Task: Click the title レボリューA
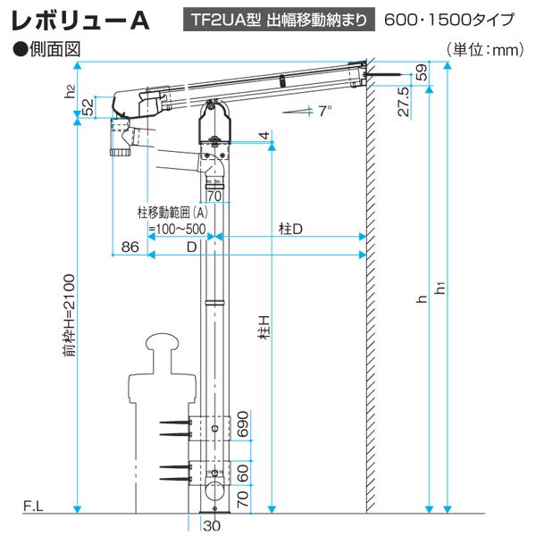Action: pos(81,21)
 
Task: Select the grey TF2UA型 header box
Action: pos(279,20)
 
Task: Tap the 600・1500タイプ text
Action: pos(449,20)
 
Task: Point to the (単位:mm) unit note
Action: pos(485,50)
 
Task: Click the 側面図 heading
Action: pos(46,49)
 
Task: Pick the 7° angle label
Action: pos(325,111)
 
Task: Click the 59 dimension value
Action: pos(423,72)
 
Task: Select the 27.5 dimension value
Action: pos(404,102)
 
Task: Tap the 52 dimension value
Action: pos(88,107)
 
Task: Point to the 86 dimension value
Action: pos(130,247)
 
